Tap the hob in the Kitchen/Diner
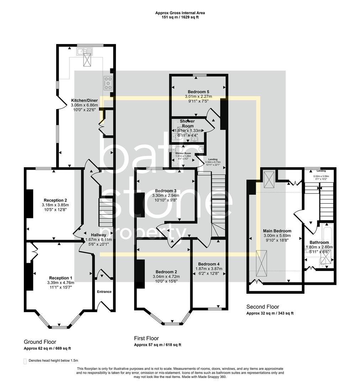108,83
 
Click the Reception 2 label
55,200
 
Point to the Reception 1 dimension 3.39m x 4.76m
60,283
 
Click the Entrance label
104,292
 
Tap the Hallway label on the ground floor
98,235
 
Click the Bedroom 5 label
198,92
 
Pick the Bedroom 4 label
209,264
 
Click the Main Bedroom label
277,231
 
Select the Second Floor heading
263,306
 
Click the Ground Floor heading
40,342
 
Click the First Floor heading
146,338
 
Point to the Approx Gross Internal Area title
180,13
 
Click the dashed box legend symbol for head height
25,361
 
